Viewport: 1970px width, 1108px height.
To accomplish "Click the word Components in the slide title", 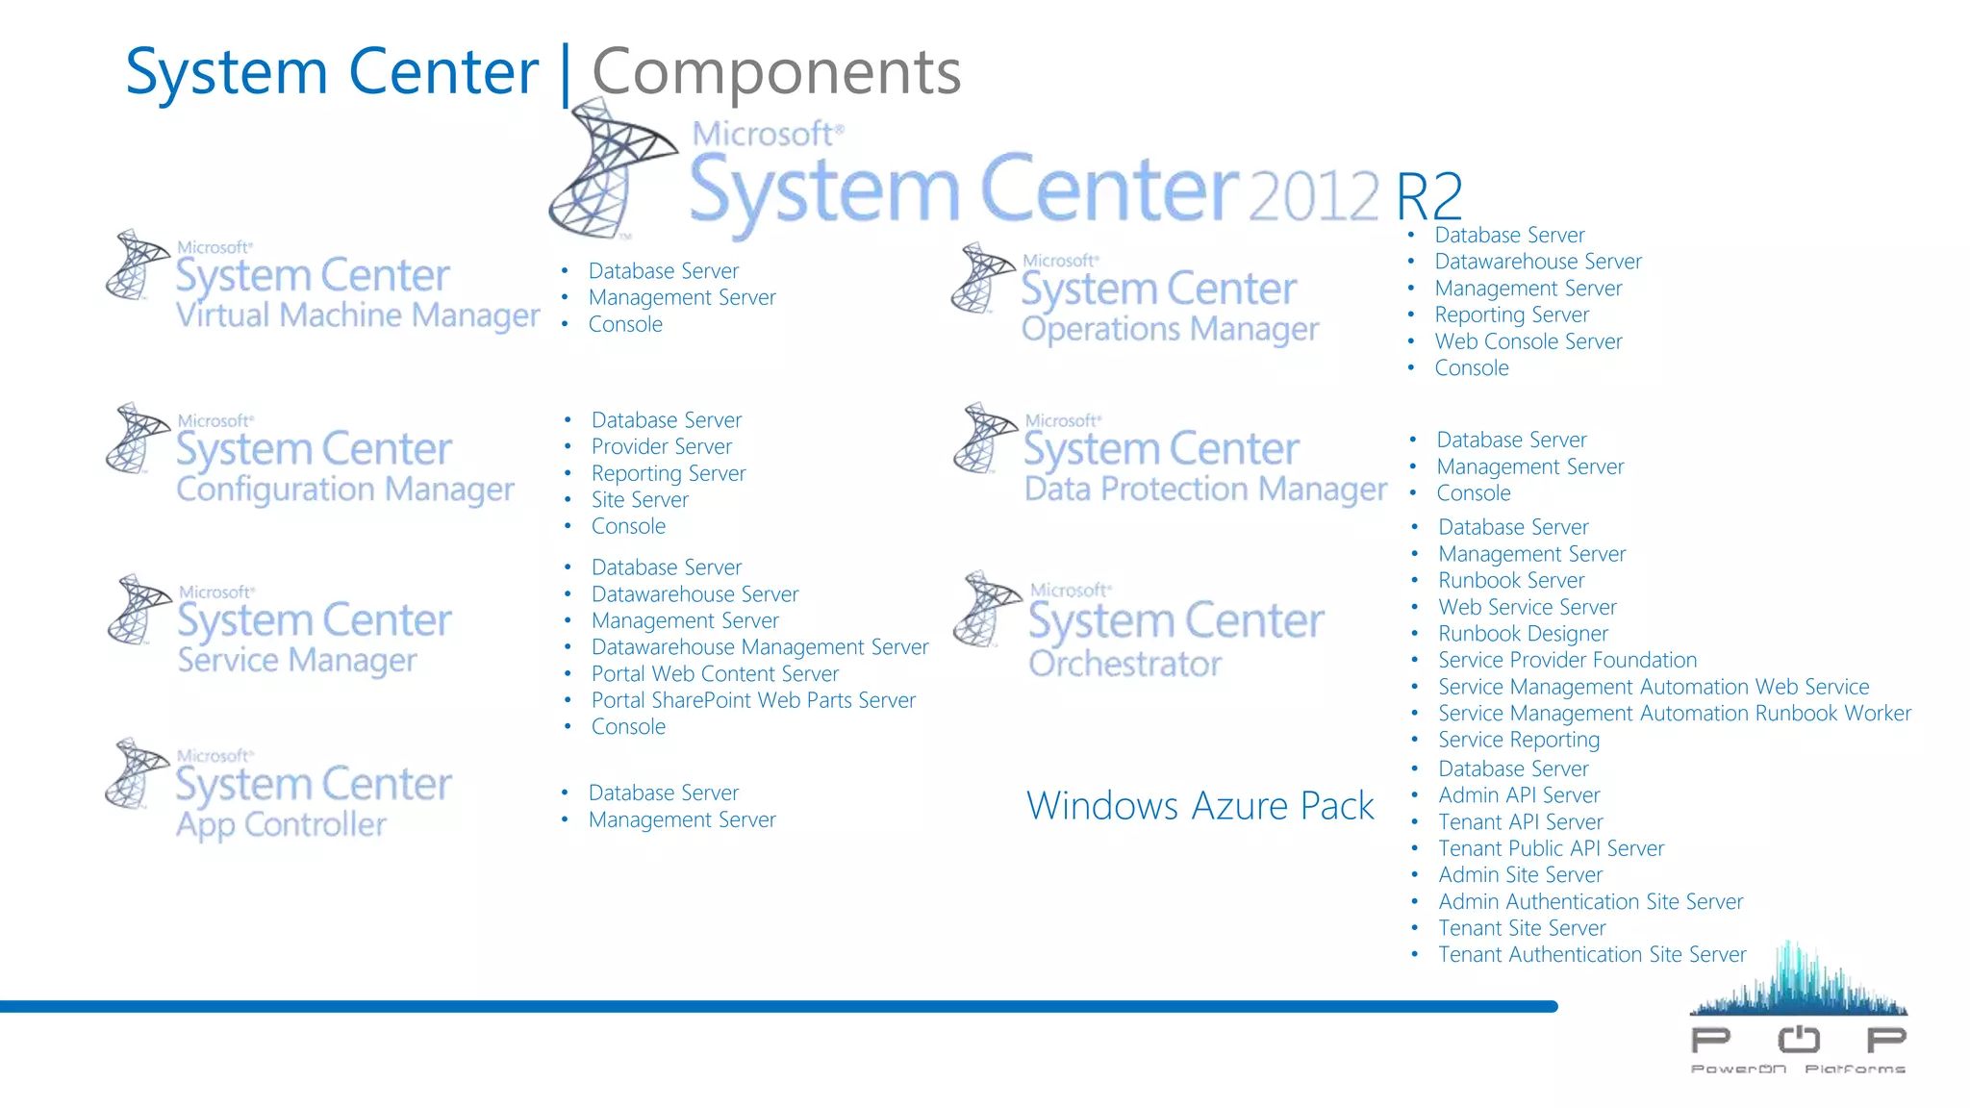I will (x=775, y=72).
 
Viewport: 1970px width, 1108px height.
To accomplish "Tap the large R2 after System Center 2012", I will (x=1428, y=196).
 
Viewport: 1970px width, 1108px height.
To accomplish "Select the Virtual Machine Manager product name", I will (x=357, y=315).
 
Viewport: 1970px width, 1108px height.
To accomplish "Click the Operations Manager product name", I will (x=1170, y=329).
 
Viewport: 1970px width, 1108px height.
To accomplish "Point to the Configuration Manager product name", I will (x=345, y=490).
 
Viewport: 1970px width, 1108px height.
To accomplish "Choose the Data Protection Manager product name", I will (x=1205, y=490).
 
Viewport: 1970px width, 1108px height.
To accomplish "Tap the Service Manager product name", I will (x=297, y=661).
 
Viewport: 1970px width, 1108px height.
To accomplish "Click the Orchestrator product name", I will (x=1124, y=664).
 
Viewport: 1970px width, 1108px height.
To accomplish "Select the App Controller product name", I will (x=281, y=825).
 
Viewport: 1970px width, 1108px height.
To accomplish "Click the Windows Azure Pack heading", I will (x=1200, y=806).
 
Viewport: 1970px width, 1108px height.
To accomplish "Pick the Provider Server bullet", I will (x=661, y=446).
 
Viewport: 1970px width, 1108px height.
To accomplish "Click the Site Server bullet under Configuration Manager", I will (x=640, y=500).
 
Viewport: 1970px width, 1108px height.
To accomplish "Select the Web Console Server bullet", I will (x=1528, y=341).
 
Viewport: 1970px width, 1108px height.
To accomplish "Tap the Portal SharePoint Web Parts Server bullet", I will (x=753, y=700).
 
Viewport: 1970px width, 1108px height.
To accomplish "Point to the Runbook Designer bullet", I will (x=1523, y=634).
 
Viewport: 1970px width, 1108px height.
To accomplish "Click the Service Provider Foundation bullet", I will (x=1567, y=660).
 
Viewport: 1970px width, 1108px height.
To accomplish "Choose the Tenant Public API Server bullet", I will (x=1551, y=848).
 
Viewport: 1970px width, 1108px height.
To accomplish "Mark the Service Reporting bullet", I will (x=1519, y=740).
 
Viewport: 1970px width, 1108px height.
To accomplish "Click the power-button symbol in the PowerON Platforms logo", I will (x=1798, y=1039).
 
